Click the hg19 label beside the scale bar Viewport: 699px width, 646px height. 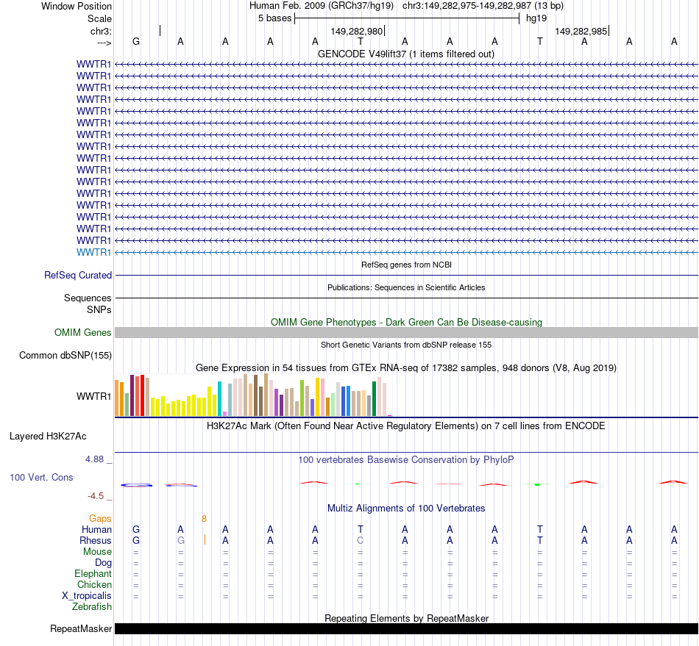pyautogui.click(x=536, y=18)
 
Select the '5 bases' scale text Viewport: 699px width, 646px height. pyautogui.click(x=274, y=18)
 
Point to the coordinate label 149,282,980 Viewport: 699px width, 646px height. pyautogui.click(x=357, y=32)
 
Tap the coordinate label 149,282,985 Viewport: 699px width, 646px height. pyautogui.click(x=581, y=32)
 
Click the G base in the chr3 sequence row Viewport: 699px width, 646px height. pyautogui.click(x=135, y=41)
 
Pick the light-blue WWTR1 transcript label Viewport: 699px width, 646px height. pyautogui.click(x=94, y=252)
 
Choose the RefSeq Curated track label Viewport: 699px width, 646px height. pyautogui.click(x=78, y=276)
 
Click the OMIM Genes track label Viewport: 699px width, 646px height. pyautogui.click(x=83, y=333)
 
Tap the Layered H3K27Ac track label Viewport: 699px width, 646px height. pyautogui.click(x=48, y=437)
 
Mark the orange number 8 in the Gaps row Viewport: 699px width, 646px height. pyautogui.click(x=205, y=518)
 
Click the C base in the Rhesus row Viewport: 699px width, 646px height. pyautogui.click(x=360, y=540)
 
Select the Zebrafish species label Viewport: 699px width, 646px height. pyautogui.click(x=92, y=607)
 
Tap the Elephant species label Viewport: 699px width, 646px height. pyautogui.click(x=93, y=574)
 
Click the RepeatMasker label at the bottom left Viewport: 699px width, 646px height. pyautogui.click(x=81, y=629)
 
